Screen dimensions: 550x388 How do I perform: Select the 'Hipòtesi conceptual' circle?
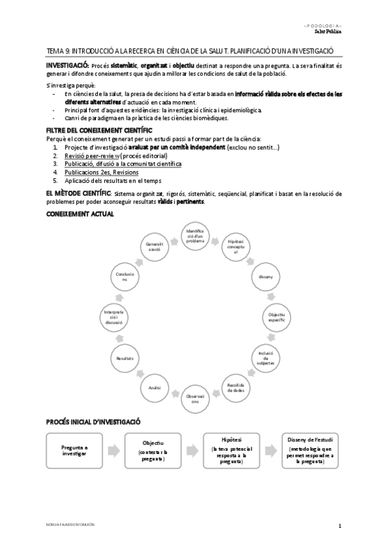[x=234, y=249]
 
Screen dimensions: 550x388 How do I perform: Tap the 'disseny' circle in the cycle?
[x=265, y=278]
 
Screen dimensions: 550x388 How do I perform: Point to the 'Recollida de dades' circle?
[x=235, y=387]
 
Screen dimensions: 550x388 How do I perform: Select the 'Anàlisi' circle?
[x=154, y=387]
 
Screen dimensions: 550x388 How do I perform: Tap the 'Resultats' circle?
[x=125, y=358]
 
